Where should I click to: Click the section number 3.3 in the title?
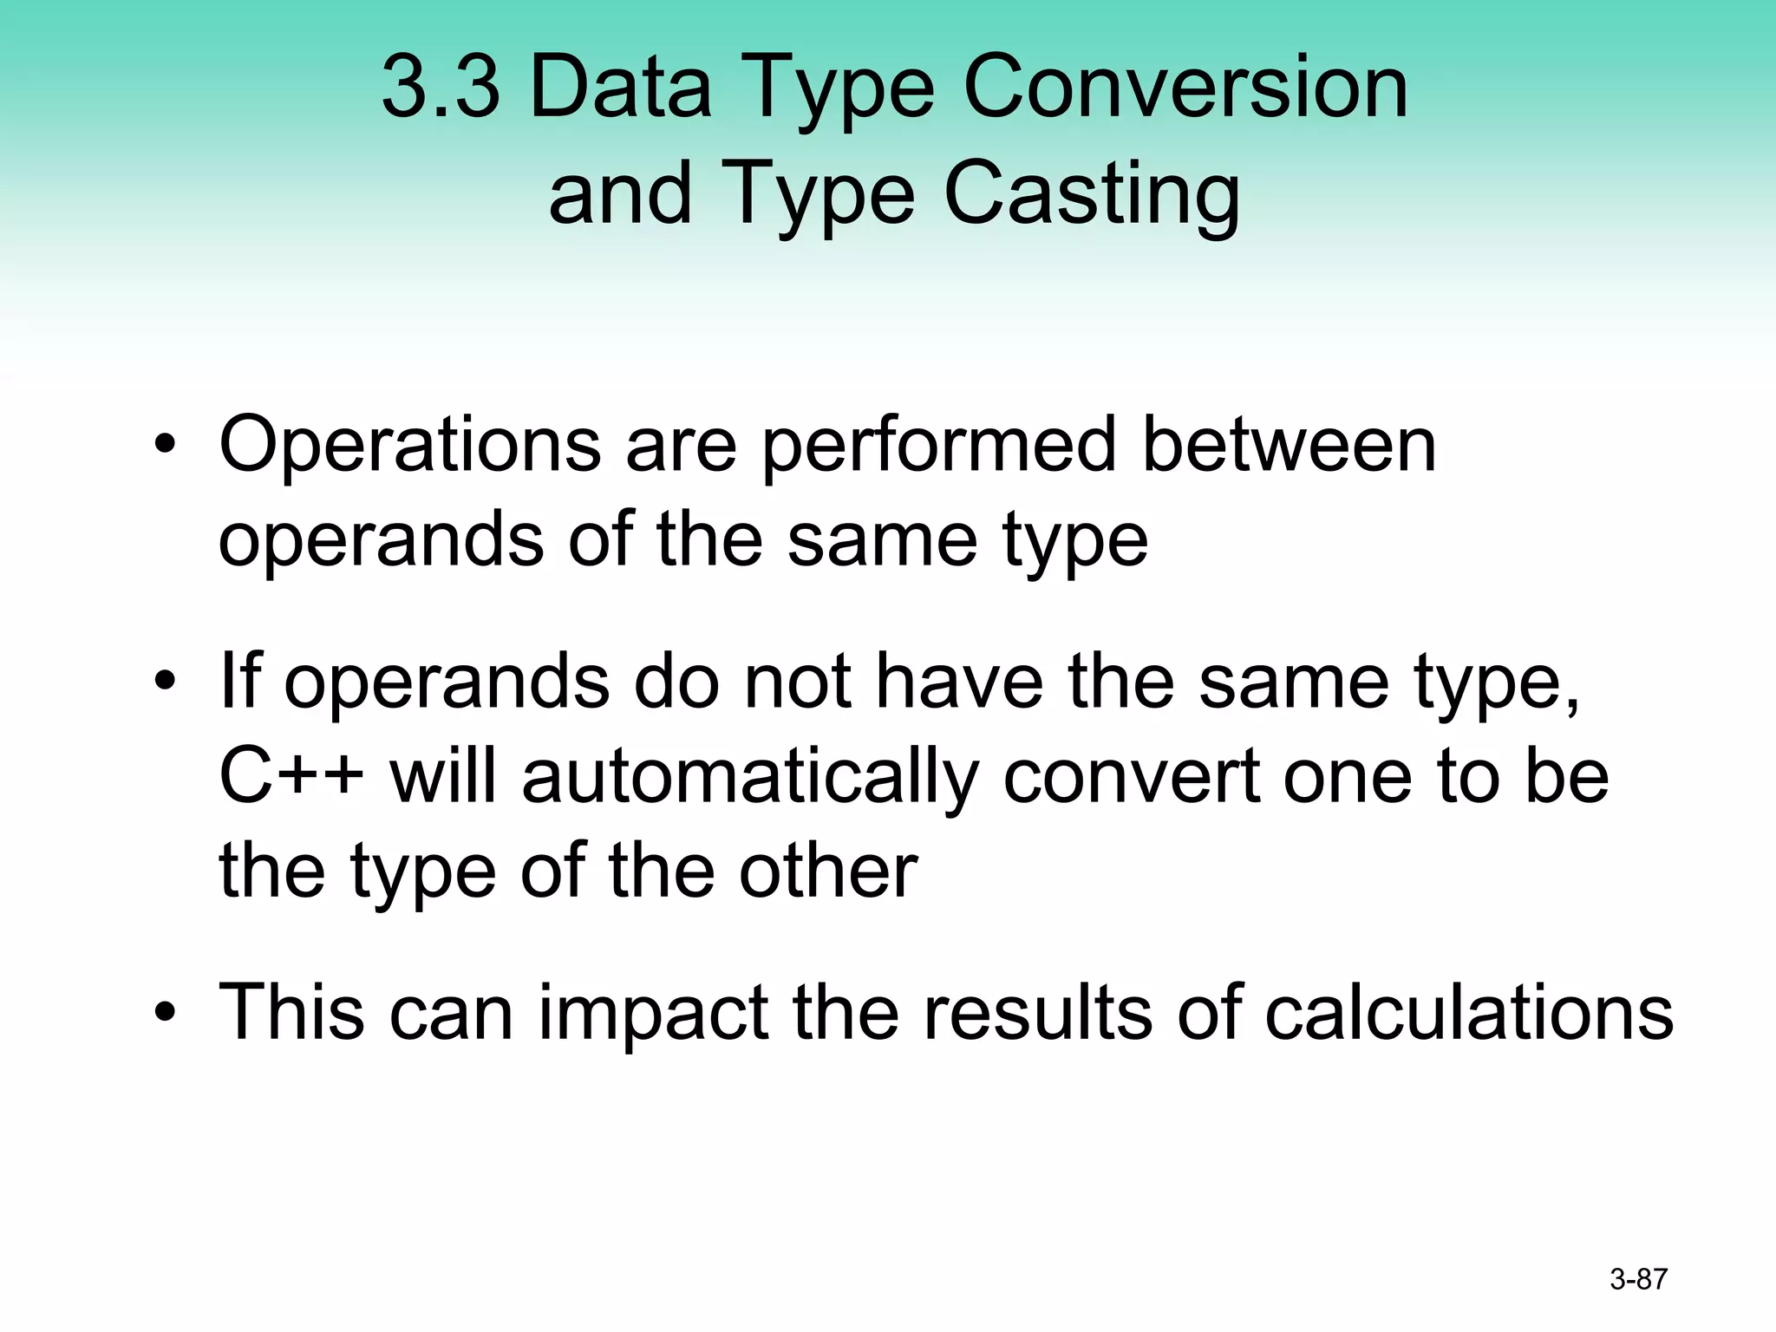point(441,87)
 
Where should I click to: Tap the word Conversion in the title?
point(1185,87)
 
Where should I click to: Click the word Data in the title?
point(620,87)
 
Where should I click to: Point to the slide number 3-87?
point(1638,1279)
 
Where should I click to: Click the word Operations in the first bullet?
point(409,446)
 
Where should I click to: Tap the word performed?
point(938,446)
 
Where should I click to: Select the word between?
point(1289,446)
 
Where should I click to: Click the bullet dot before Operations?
point(165,447)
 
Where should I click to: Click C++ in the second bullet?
point(291,777)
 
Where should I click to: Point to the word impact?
point(652,1013)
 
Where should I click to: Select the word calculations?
point(1468,1013)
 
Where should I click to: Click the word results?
point(1037,1013)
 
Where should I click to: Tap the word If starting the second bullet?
point(239,682)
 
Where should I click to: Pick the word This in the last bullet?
point(291,1013)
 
